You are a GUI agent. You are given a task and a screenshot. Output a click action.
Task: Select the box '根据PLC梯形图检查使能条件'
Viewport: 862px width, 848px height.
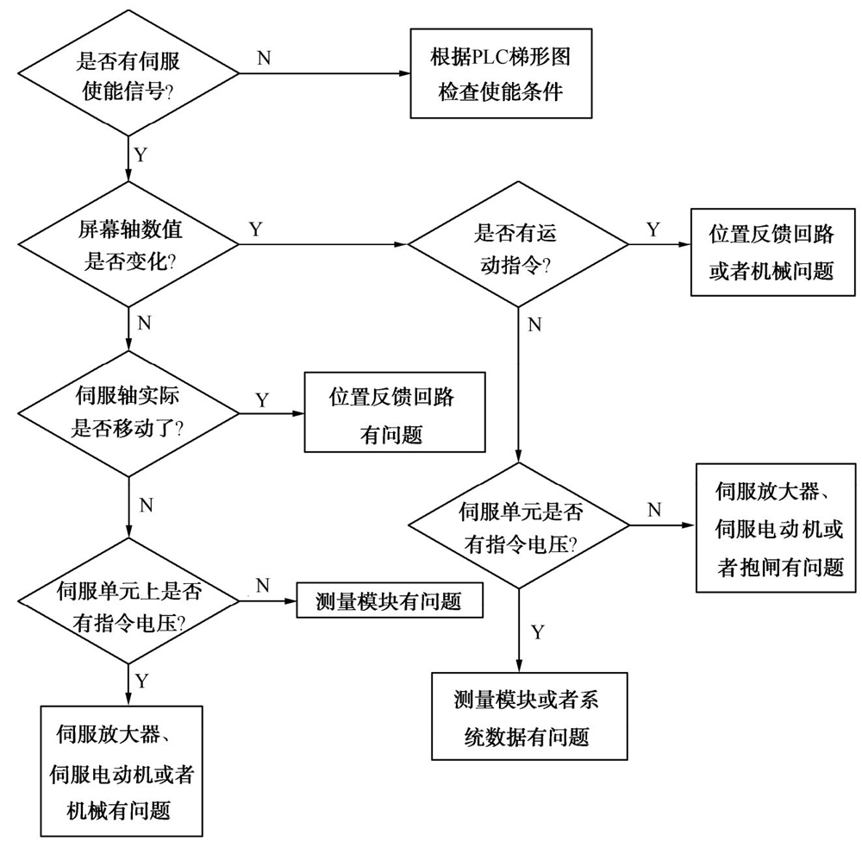500,74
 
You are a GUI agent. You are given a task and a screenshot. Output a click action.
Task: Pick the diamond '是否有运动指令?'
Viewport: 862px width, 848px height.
517,244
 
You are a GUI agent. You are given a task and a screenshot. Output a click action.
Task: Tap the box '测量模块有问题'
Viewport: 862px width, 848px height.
388,600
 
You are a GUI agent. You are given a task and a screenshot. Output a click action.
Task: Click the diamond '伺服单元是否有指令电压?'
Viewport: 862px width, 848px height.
517,525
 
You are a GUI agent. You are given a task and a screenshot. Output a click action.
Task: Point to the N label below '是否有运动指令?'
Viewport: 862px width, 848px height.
534,324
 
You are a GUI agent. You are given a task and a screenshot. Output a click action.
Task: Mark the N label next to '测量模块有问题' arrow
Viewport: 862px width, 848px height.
263,586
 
